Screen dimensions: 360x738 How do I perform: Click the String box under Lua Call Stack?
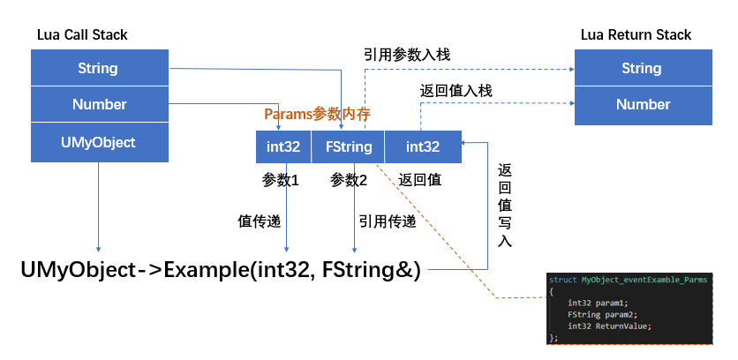(x=98, y=68)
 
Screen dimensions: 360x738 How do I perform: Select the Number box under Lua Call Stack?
(x=99, y=104)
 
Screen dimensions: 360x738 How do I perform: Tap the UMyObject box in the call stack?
(x=99, y=141)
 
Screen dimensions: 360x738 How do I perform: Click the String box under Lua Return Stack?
(x=642, y=68)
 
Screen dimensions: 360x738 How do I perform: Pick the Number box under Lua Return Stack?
(x=642, y=104)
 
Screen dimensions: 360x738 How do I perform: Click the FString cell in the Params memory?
(x=349, y=146)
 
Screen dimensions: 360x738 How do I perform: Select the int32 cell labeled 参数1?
(x=283, y=146)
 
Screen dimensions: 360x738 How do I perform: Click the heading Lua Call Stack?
(x=82, y=34)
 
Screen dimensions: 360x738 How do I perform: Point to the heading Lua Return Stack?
(x=636, y=34)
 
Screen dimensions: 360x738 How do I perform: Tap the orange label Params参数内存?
(x=317, y=114)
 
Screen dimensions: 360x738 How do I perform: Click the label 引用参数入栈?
(x=407, y=55)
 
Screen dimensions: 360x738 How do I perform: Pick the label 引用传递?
(x=388, y=221)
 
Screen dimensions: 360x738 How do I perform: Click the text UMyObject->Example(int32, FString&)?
(x=221, y=270)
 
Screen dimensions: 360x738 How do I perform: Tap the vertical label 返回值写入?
(x=505, y=205)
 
